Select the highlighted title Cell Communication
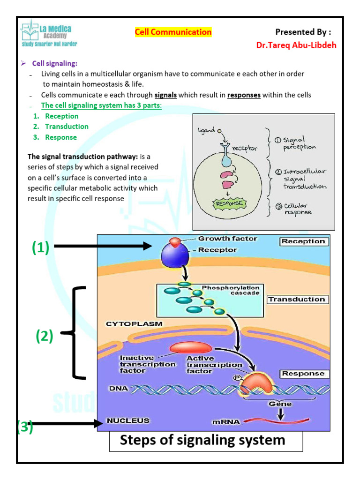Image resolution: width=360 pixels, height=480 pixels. (173, 32)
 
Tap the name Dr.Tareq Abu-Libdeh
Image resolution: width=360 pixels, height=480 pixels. (296, 45)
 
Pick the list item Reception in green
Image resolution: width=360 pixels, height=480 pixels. (61, 116)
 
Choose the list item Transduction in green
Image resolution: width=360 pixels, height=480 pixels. (67, 127)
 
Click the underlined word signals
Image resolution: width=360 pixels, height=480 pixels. (165, 95)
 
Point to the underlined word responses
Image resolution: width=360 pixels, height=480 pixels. (244, 95)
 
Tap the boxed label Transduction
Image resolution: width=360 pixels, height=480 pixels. (296, 299)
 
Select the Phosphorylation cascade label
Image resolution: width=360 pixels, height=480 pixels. (230, 290)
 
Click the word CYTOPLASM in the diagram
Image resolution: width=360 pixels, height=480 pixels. (134, 323)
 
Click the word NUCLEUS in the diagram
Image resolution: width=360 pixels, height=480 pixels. (128, 420)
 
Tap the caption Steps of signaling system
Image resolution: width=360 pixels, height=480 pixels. (202, 440)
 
